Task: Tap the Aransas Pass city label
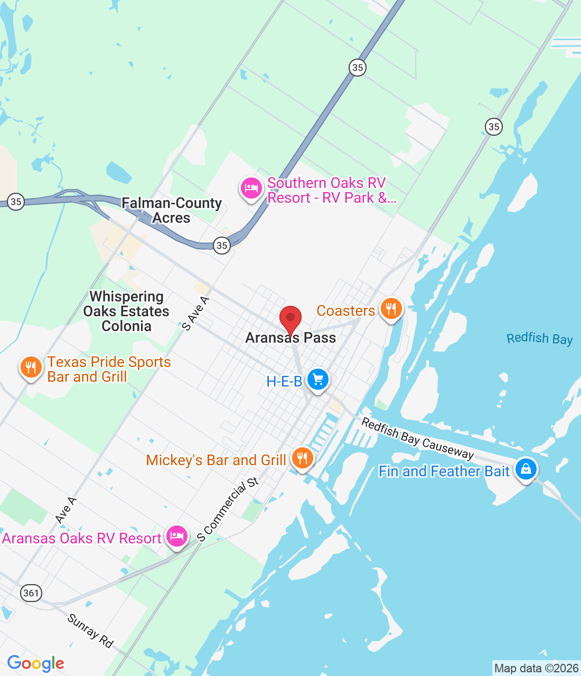tap(290, 338)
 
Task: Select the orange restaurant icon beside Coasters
tap(391, 308)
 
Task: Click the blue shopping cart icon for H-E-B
tap(317, 379)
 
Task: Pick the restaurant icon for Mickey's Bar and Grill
tap(302, 458)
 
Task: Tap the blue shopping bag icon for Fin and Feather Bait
tap(526, 468)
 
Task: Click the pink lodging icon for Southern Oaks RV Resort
tap(251, 188)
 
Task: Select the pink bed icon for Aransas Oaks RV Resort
tap(176, 536)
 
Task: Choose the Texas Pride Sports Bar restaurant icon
tap(31, 367)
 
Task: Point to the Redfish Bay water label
tap(539, 339)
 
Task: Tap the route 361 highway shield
tap(31, 593)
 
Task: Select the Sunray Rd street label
tap(90, 631)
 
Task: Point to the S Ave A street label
tap(195, 314)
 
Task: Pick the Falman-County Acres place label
tap(172, 210)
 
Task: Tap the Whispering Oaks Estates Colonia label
tap(126, 312)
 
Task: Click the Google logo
tap(36, 663)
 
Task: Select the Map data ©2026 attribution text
tap(536, 668)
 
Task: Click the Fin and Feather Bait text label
tap(444, 471)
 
